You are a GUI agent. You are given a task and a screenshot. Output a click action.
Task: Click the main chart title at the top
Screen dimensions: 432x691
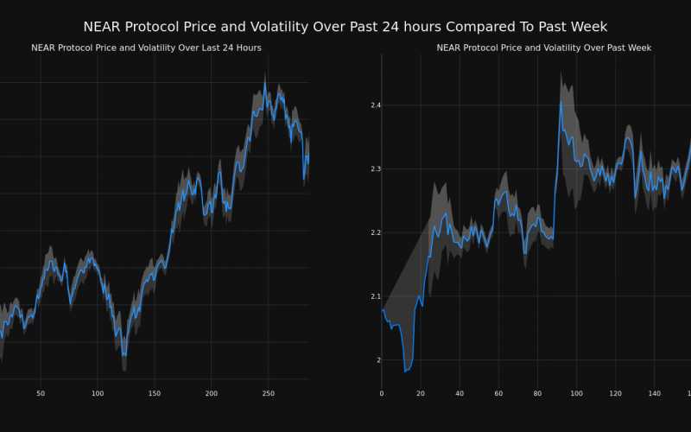(x=345, y=27)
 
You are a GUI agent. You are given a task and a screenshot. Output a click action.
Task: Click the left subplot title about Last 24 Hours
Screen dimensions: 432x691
(x=146, y=48)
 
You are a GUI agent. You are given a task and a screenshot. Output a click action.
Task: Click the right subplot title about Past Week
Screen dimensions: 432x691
(x=543, y=48)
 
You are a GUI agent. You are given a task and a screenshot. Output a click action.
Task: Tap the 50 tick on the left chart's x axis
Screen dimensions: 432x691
(x=41, y=394)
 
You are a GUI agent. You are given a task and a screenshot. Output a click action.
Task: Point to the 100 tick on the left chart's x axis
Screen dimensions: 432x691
(x=98, y=394)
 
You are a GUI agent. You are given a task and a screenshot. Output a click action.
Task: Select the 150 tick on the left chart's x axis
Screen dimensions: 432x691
(x=155, y=394)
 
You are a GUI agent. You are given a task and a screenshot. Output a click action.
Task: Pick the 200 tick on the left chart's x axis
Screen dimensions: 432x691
(x=212, y=394)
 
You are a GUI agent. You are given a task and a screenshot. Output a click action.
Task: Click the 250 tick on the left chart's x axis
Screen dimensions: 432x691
(x=269, y=394)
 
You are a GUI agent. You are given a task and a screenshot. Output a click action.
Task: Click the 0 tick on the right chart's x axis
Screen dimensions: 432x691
(x=382, y=394)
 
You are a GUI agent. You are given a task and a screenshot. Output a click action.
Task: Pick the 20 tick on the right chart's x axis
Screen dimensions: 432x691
(x=421, y=394)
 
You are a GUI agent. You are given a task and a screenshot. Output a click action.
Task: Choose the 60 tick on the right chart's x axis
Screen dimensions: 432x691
(x=498, y=394)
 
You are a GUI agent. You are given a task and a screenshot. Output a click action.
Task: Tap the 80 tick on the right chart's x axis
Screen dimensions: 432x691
(x=537, y=394)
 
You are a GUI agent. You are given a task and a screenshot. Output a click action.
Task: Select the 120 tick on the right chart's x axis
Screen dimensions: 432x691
(x=615, y=394)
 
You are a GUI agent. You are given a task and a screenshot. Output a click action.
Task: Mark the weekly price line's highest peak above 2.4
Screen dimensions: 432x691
(x=561, y=103)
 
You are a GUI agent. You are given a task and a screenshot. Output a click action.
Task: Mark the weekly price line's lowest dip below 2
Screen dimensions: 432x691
(x=405, y=372)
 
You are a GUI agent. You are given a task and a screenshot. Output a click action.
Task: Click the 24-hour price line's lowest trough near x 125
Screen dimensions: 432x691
(x=124, y=355)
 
